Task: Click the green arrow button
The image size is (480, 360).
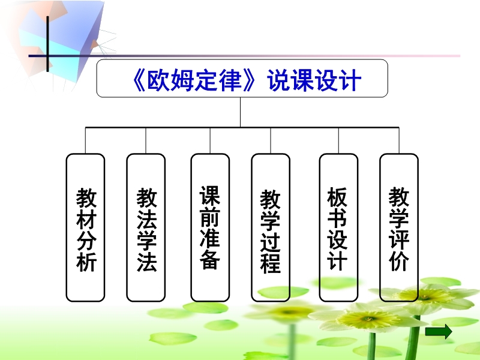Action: [x=439, y=332]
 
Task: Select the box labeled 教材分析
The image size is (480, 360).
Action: [x=85, y=227]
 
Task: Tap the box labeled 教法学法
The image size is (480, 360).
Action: [x=146, y=227]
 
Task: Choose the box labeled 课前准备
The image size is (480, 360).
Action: [x=210, y=227]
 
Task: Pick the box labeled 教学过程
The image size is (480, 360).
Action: [x=271, y=227]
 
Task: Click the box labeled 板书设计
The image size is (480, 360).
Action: [x=338, y=227]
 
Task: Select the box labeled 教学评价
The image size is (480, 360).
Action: [x=399, y=227]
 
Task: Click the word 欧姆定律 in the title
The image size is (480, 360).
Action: [x=194, y=80]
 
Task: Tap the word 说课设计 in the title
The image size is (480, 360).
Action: [x=314, y=80]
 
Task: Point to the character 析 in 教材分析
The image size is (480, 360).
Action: [x=86, y=261]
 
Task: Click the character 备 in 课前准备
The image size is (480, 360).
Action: [x=210, y=259]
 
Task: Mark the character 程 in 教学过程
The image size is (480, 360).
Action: [x=271, y=263]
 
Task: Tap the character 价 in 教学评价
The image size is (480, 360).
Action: [x=399, y=261]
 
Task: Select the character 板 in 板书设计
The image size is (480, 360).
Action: [x=337, y=197]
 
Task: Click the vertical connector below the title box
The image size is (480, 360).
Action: [x=241, y=112]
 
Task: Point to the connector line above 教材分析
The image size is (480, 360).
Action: [x=85, y=140]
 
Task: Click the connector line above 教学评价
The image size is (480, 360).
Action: [x=399, y=140]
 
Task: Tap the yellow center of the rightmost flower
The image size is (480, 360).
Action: [x=424, y=296]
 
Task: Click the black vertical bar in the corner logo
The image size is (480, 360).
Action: [x=47, y=44]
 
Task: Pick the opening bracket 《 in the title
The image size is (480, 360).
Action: [x=139, y=80]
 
